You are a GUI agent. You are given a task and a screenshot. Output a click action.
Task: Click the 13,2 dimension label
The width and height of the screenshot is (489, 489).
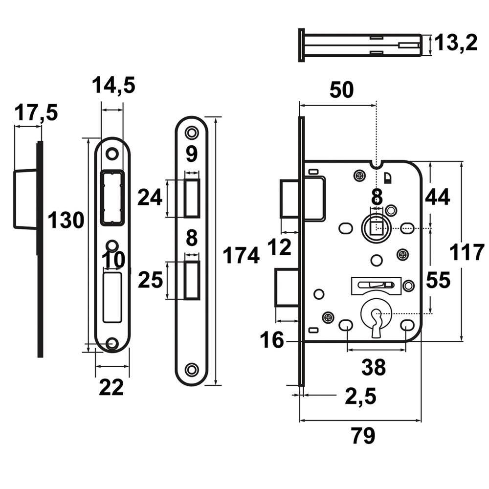tap(456, 43)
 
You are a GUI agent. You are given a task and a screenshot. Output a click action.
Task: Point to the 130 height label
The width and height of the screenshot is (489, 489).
tap(66, 220)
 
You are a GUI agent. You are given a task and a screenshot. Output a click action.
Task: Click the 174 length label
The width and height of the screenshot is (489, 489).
tap(241, 255)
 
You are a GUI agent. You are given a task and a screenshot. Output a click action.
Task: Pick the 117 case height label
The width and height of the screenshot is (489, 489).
tap(467, 252)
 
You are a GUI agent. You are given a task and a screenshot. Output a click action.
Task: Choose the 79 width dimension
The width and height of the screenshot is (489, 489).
tap(363, 436)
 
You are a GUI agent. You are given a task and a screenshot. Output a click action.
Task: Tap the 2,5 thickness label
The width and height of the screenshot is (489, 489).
tap(361, 396)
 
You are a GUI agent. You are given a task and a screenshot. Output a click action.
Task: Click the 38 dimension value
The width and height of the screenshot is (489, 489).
tap(373, 367)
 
